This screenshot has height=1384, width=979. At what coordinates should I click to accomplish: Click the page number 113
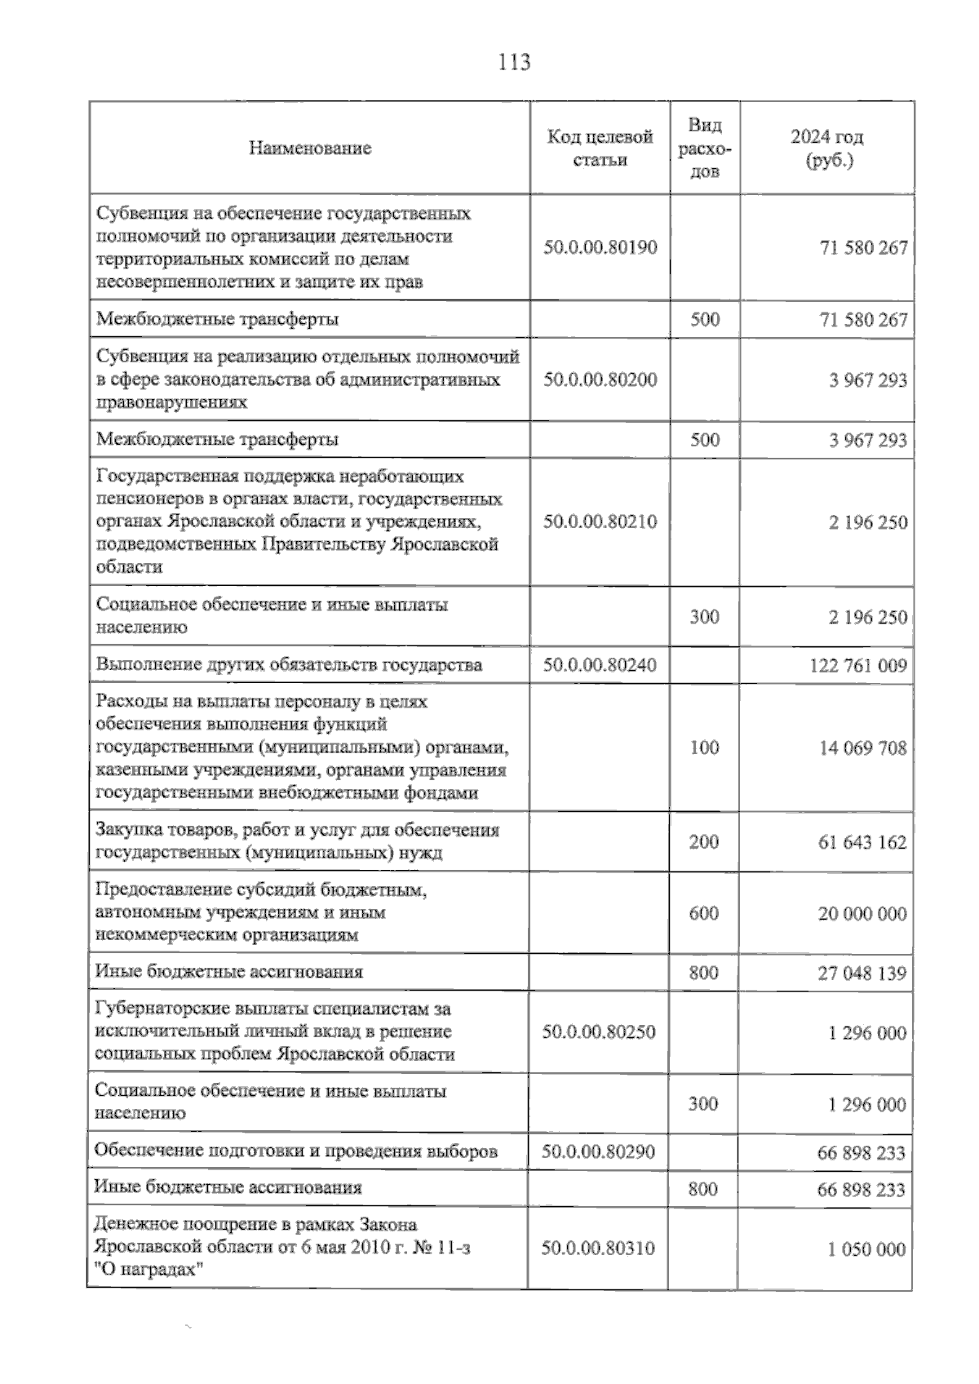(514, 62)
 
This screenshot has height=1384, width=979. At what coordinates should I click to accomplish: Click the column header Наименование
(310, 149)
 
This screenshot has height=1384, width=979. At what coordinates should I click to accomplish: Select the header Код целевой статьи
(600, 149)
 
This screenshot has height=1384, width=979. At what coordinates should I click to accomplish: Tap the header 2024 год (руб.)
(827, 149)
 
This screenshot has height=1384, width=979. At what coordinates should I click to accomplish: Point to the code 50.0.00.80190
(600, 247)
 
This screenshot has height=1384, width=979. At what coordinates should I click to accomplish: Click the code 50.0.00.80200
(600, 379)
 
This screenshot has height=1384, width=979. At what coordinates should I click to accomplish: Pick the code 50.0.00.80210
(600, 521)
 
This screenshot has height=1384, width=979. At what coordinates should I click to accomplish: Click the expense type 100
(704, 747)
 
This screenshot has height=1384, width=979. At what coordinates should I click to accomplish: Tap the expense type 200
(704, 842)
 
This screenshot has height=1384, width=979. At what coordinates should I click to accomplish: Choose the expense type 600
(704, 913)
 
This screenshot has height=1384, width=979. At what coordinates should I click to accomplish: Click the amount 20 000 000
(862, 914)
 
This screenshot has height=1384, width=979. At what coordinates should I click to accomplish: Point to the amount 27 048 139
(862, 974)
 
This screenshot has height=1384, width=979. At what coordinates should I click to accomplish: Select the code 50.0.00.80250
(599, 1032)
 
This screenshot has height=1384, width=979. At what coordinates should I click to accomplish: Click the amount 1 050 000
(866, 1249)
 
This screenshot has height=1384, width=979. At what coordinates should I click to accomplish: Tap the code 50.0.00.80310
(598, 1249)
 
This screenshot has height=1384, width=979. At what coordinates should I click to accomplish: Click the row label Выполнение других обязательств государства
(289, 665)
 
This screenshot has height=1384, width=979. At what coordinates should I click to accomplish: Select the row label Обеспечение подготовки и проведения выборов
(296, 1151)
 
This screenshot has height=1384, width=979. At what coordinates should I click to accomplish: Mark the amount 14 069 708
(862, 748)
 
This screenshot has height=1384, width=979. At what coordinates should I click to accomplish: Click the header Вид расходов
(705, 149)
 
